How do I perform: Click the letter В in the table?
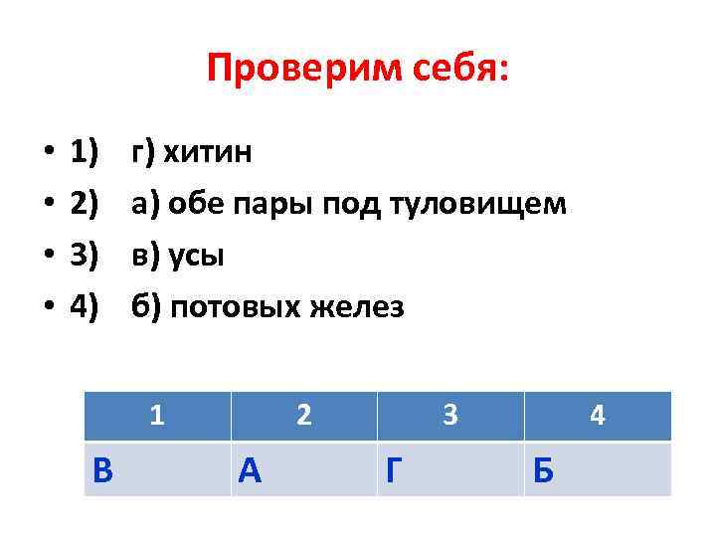[x=101, y=468]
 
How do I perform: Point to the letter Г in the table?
[x=395, y=468]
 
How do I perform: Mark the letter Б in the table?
[x=543, y=468]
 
